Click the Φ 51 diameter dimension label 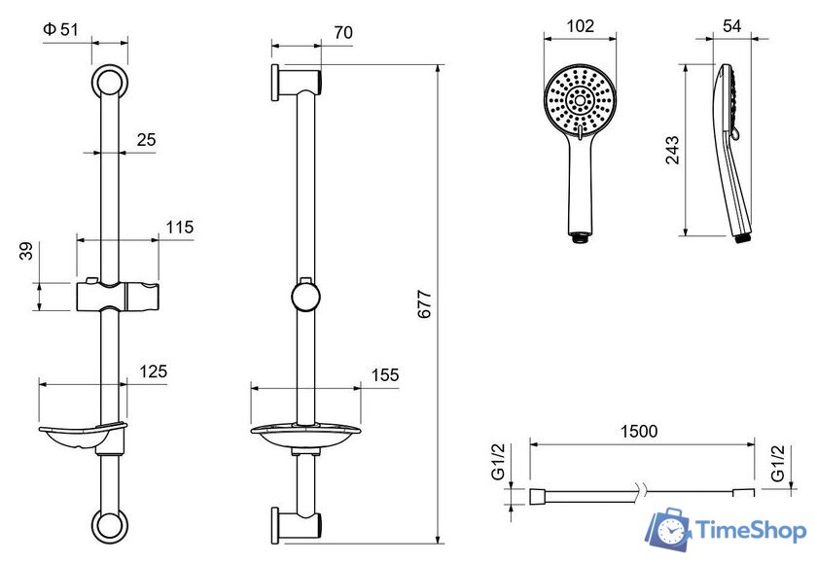(x=60, y=29)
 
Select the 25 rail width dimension (x=147, y=140)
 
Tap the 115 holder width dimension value (x=180, y=227)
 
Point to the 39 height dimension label (x=26, y=251)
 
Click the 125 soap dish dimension (x=154, y=371)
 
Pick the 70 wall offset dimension (x=343, y=32)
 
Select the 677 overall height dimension (x=425, y=304)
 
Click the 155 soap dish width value (x=385, y=375)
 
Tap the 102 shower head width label (x=580, y=26)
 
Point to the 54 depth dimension (x=732, y=26)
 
